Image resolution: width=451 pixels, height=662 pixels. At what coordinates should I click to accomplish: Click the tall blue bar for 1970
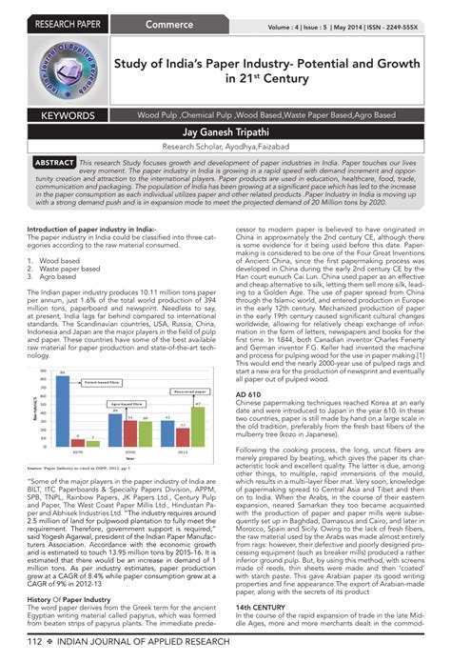62,391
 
